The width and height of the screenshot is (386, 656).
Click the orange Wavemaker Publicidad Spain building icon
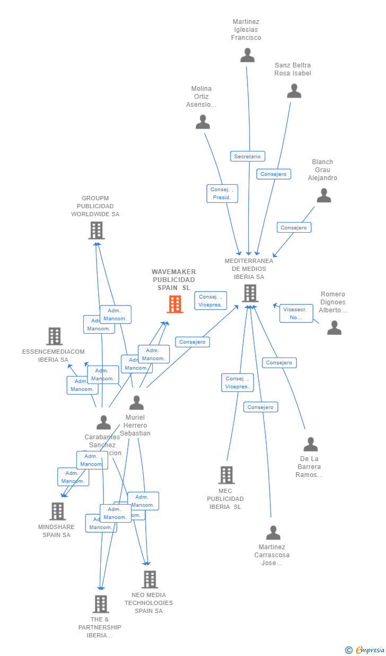(x=175, y=304)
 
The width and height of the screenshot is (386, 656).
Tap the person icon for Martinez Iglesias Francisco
(x=248, y=55)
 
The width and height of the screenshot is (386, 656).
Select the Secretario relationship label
(x=248, y=156)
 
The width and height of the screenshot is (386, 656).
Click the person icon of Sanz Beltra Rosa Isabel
(x=294, y=91)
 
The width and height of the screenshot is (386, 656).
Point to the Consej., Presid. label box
(x=222, y=193)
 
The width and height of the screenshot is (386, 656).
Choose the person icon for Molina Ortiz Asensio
(x=203, y=122)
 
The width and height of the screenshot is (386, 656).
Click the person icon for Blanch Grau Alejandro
(x=324, y=196)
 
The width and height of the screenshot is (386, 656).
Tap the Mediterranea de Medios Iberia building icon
(x=250, y=293)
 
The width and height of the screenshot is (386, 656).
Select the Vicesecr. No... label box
(x=296, y=313)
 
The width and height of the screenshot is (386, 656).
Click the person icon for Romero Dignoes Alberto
(x=334, y=328)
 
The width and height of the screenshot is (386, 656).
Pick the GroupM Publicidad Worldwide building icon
(x=96, y=231)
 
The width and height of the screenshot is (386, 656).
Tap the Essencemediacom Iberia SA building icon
(x=55, y=336)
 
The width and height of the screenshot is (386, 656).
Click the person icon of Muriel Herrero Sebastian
(x=137, y=403)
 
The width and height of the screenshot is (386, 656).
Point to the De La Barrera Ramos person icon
(x=311, y=444)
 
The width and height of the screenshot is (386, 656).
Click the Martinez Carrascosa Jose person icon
(x=273, y=532)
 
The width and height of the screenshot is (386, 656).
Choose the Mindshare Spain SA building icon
(x=58, y=511)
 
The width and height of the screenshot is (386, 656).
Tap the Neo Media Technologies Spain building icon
(x=150, y=579)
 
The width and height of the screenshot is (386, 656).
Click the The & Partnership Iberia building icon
(x=101, y=604)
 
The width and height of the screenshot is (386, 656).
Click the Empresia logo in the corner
(x=366, y=650)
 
